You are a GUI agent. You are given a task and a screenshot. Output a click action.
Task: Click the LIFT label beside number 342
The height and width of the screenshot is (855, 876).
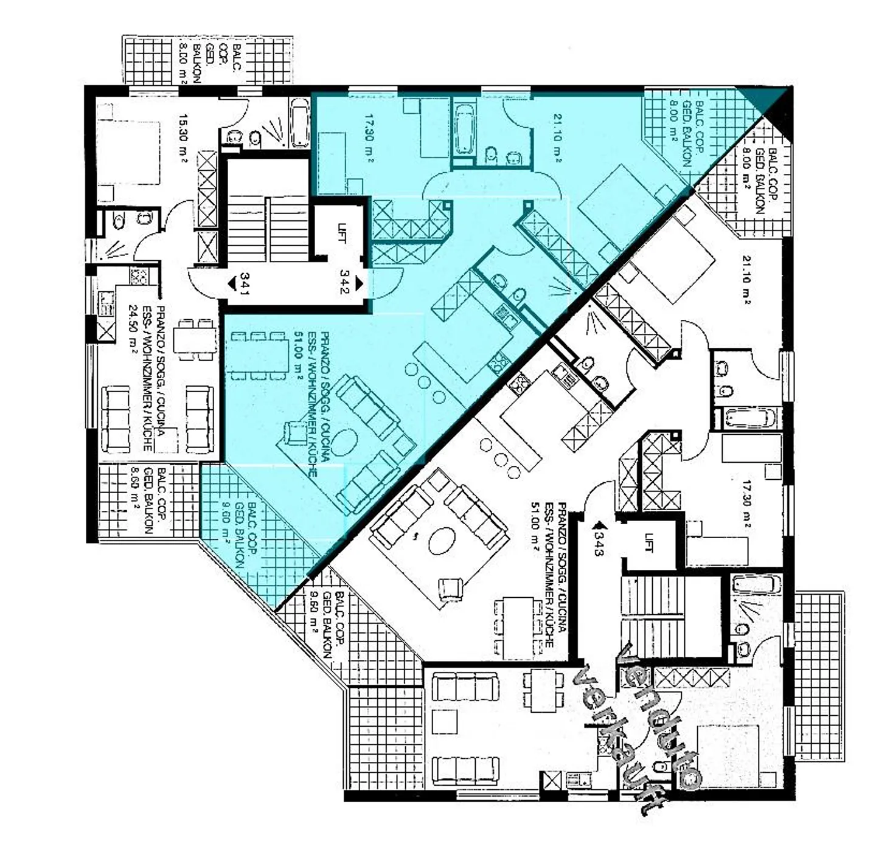(x=340, y=234)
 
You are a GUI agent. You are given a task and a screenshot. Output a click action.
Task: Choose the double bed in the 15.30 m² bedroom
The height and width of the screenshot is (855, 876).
(x=129, y=153)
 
